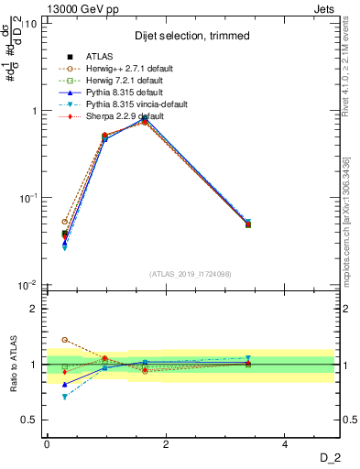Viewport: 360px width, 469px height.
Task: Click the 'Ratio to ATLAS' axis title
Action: pos(12,365)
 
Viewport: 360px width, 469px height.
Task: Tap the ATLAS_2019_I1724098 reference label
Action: pos(191,274)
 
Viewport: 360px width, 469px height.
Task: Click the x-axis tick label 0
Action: pos(47,444)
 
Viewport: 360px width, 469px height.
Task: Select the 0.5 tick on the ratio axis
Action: pos(32,420)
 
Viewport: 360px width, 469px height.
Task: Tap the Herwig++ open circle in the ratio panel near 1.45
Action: pos(64,340)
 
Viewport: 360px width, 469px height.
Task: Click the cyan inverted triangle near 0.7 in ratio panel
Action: pos(64,398)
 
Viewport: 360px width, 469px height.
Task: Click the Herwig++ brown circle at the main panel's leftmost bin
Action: pos(64,222)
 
